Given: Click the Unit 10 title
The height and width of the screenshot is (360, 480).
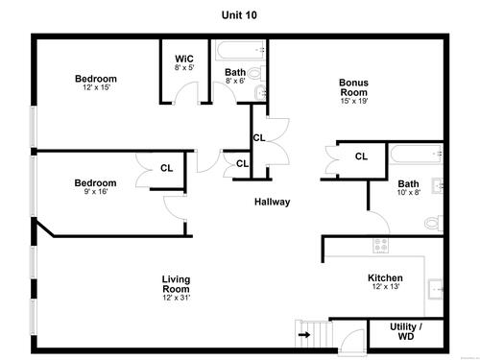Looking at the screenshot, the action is click(239, 15).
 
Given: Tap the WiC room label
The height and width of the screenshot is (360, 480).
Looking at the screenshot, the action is click(184, 59).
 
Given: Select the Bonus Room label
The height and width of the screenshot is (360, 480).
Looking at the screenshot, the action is click(353, 87).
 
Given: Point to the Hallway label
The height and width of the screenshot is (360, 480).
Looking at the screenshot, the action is click(272, 202).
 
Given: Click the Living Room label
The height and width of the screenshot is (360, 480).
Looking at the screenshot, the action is click(176, 284).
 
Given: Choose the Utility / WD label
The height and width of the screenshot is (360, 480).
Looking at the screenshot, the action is click(406, 331).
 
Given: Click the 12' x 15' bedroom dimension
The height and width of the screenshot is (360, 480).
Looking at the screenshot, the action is click(96, 87).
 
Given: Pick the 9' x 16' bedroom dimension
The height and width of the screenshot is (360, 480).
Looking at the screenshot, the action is click(96, 191).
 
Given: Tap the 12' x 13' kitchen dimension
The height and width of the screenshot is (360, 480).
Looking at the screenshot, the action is click(386, 286).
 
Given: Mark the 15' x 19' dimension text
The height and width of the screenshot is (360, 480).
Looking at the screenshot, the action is click(354, 101).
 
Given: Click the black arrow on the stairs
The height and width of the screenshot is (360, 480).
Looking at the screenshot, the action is click(304, 335).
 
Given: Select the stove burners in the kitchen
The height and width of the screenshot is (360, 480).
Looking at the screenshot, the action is click(381, 246).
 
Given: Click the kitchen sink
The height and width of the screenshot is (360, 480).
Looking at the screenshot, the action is click(436, 289).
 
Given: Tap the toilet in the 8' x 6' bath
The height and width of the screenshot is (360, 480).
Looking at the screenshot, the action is click(257, 74).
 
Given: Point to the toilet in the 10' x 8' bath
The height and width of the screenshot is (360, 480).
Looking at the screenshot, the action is click(434, 223).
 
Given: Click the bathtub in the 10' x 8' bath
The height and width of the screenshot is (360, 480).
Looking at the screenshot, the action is click(417, 155).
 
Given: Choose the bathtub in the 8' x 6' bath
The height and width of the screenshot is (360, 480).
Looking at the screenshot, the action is click(241, 50).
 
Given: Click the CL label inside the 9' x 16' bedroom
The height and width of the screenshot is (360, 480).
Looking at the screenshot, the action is click(166, 168).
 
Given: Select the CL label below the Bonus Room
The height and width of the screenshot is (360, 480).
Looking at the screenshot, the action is click(361, 156).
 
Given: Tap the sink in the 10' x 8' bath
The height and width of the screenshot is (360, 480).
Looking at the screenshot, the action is click(438, 185).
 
